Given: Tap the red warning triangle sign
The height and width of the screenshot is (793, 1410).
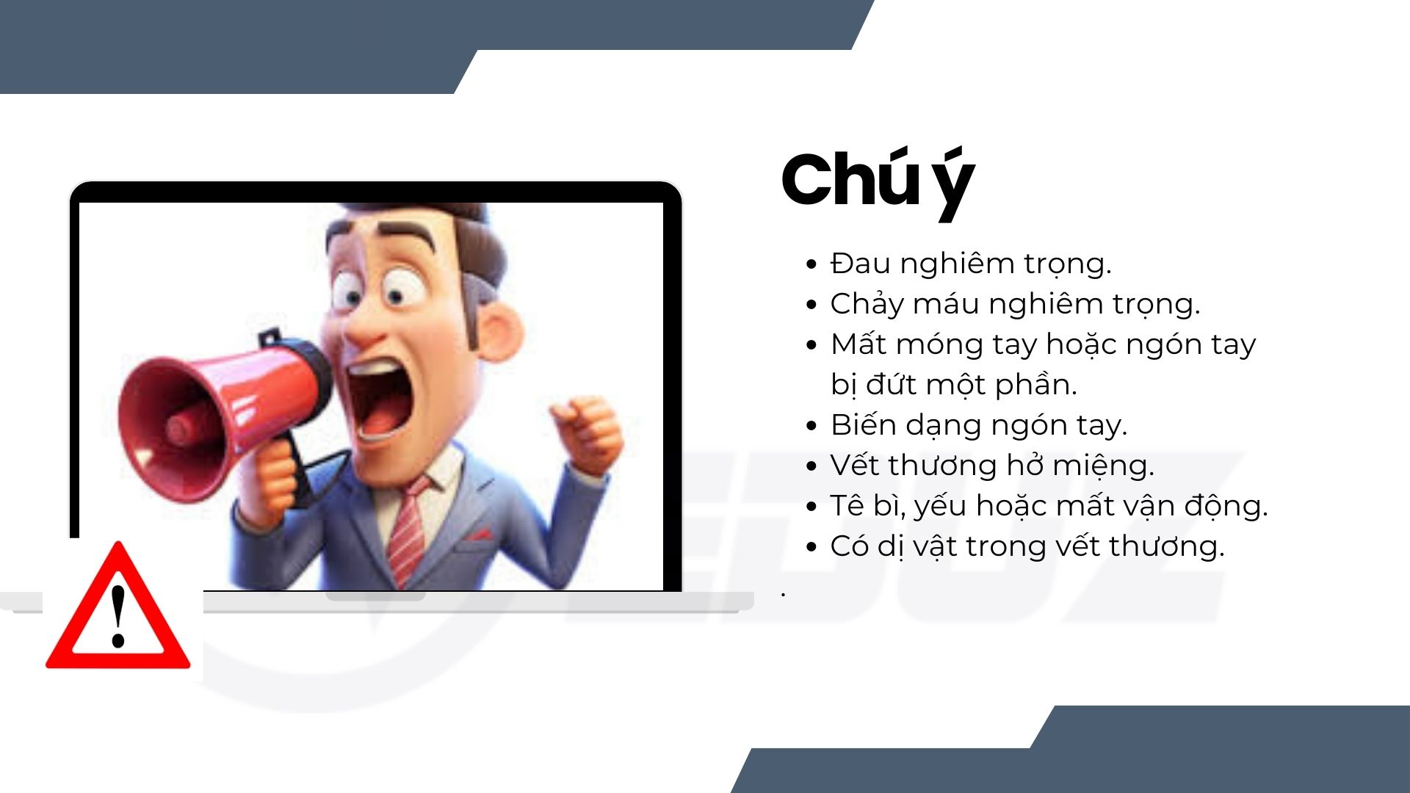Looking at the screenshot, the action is (x=118, y=606).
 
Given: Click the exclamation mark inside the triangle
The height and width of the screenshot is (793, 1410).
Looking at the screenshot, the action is (x=117, y=615).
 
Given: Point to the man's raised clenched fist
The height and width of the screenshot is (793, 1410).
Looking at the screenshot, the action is (x=587, y=432).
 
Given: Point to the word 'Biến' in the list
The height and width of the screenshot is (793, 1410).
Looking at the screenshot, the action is (x=863, y=425).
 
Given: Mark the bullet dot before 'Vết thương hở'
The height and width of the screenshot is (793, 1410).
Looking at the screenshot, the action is (x=811, y=466).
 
